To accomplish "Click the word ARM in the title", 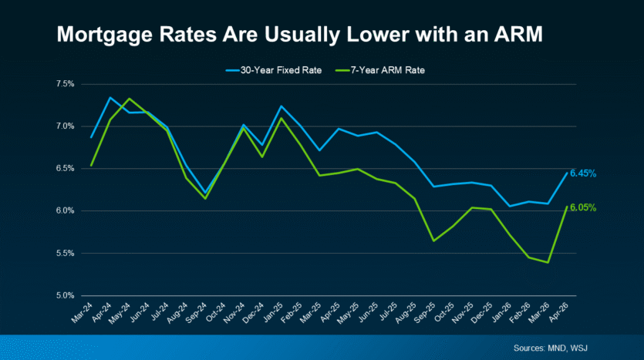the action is click(518, 34).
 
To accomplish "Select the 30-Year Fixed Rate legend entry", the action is click(274, 70).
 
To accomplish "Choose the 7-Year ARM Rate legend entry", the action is click(380, 70).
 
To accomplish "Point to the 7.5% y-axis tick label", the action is click(66, 84).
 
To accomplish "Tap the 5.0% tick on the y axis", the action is click(66, 295).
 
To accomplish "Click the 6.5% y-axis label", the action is click(66, 169).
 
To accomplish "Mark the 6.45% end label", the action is click(583, 173).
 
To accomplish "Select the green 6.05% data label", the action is click(583, 207).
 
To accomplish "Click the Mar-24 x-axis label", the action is click(83, 313).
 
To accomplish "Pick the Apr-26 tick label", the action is click(558, 313).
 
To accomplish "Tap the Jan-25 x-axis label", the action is click(273, 313).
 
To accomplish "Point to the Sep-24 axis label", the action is click(197, 313).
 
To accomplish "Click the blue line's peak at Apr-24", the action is click(110, 98).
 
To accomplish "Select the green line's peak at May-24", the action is click(130, 99).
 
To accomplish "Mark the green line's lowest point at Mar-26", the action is click(548, 263).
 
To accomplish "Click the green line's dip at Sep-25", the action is click(433, 241).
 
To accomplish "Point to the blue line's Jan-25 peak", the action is click(282, 106).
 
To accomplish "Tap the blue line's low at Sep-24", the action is click(205, 193).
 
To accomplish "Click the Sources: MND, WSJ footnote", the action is click(551, 348).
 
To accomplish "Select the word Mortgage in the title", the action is click(105, 35).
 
